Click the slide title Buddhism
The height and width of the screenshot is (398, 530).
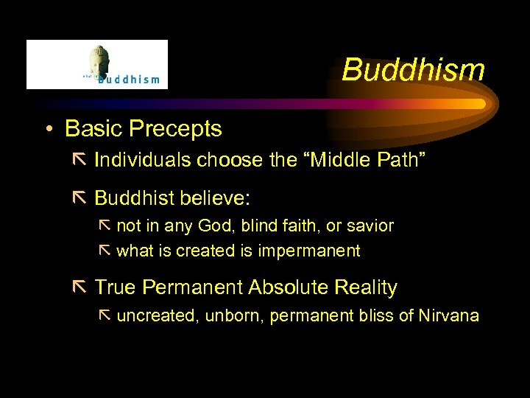pyautogui.click(x=413, y=71)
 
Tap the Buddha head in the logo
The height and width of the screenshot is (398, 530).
pyautogui.click(x=98, y=60)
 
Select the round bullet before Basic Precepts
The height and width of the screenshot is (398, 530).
pyautogui.click(x=48, y=130)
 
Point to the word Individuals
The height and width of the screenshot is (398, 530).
pyautogui.click(x=141, y=160)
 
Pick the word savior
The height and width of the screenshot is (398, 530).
pyautogui.click(x=371, y=226)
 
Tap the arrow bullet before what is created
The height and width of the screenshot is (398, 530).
pyautogui.click(x=105, y=251)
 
